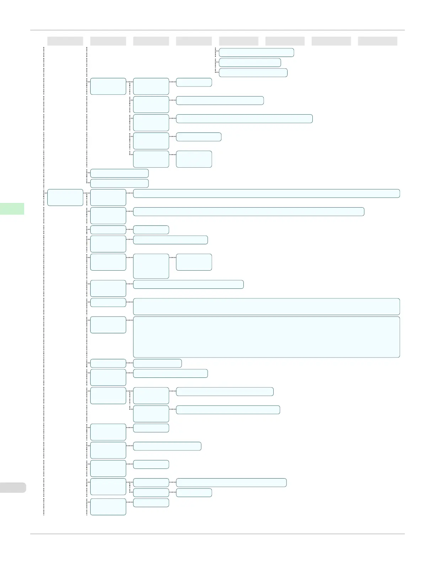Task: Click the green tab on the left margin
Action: click(x=12, y=209)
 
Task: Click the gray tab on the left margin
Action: click(x=13, y=487)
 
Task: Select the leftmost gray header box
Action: click(x=65, y=41)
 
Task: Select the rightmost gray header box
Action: click(x=377, y=41)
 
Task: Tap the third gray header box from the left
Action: click(x=151, y=41)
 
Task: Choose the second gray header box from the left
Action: click(x=108, y=41)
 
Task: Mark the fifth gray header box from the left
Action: click(x=238, y=41)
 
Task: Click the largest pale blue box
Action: click(x=266, y=337)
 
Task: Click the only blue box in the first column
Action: click(x=65, y=197)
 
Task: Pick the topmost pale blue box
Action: click(x=256, y=52)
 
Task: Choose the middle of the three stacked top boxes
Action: click(x=250, y=63)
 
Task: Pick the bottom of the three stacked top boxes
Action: click(x=253, y=73)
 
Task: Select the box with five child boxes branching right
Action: click(x=108, y=86)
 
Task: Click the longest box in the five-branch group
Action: click(x=244, y=119)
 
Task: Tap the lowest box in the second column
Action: click(x=108, y=507)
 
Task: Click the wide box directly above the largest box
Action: click(x=266, y=307)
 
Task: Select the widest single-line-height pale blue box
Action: click(x=266, y=193)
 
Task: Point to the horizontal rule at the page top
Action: click(x=217, y=30)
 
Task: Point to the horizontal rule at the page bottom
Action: click(x=217, y=534)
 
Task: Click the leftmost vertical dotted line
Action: click(x=44, y=285)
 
